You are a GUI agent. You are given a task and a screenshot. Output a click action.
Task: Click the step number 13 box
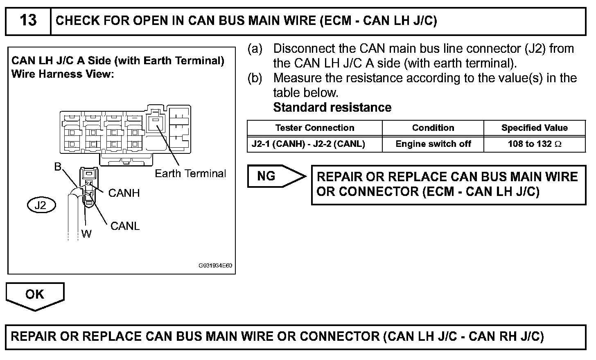[x=28, y=20]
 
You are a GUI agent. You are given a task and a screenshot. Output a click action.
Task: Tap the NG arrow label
[x=266, y=176]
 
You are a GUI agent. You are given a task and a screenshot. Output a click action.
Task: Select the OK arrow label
[x=34, y=294]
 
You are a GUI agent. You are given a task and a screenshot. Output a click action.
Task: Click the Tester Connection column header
[x=314, y=128]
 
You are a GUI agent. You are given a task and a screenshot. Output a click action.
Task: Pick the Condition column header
[x=433, y=128]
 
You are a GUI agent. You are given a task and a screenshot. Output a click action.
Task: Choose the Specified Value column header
[x=534, y=128]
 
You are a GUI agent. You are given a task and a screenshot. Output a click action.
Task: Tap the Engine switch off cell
[x=433, y=144]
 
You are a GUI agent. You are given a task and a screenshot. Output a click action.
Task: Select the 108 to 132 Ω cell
[x=534, y=144]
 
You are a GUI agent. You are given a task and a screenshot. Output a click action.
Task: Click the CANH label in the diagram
[x=124, y=193]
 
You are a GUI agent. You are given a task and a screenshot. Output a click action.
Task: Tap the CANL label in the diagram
[x=125, y=226]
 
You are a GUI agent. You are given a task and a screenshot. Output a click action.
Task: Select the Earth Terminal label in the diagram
[x=190, y=173]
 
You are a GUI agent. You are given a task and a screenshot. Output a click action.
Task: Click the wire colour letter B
[x=58, y=167]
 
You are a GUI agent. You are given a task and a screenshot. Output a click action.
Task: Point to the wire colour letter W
[x=86, y=234]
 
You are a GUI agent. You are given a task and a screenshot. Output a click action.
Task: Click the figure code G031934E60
[x=215, y=265]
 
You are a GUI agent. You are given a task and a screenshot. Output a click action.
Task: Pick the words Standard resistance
[x=332, y=108]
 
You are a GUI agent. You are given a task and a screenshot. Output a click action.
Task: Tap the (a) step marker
[x=255, y=49]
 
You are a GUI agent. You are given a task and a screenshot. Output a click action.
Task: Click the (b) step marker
[x=255, y=78]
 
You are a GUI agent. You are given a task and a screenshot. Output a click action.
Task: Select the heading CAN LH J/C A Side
[x=118, y=61]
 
